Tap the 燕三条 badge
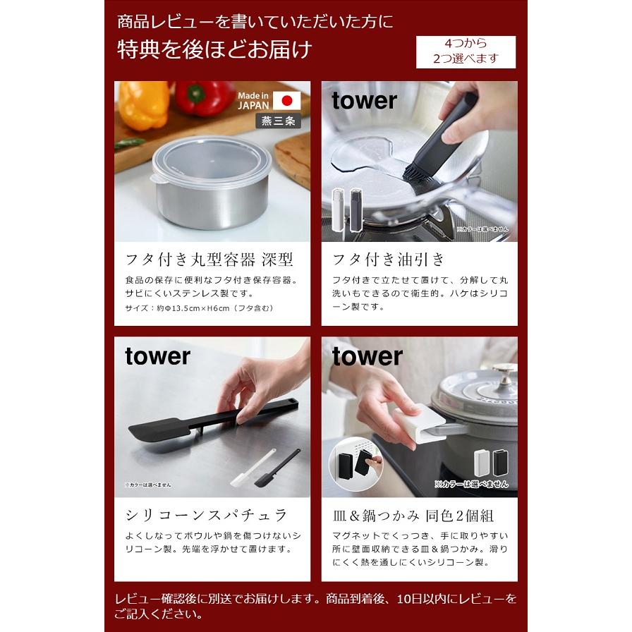(x=278, y=121)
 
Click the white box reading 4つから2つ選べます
(x=466, y=51)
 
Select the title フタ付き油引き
(x=389, y=259)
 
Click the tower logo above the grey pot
(x=367, y=356)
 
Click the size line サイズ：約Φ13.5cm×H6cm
(x=199, y=308)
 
